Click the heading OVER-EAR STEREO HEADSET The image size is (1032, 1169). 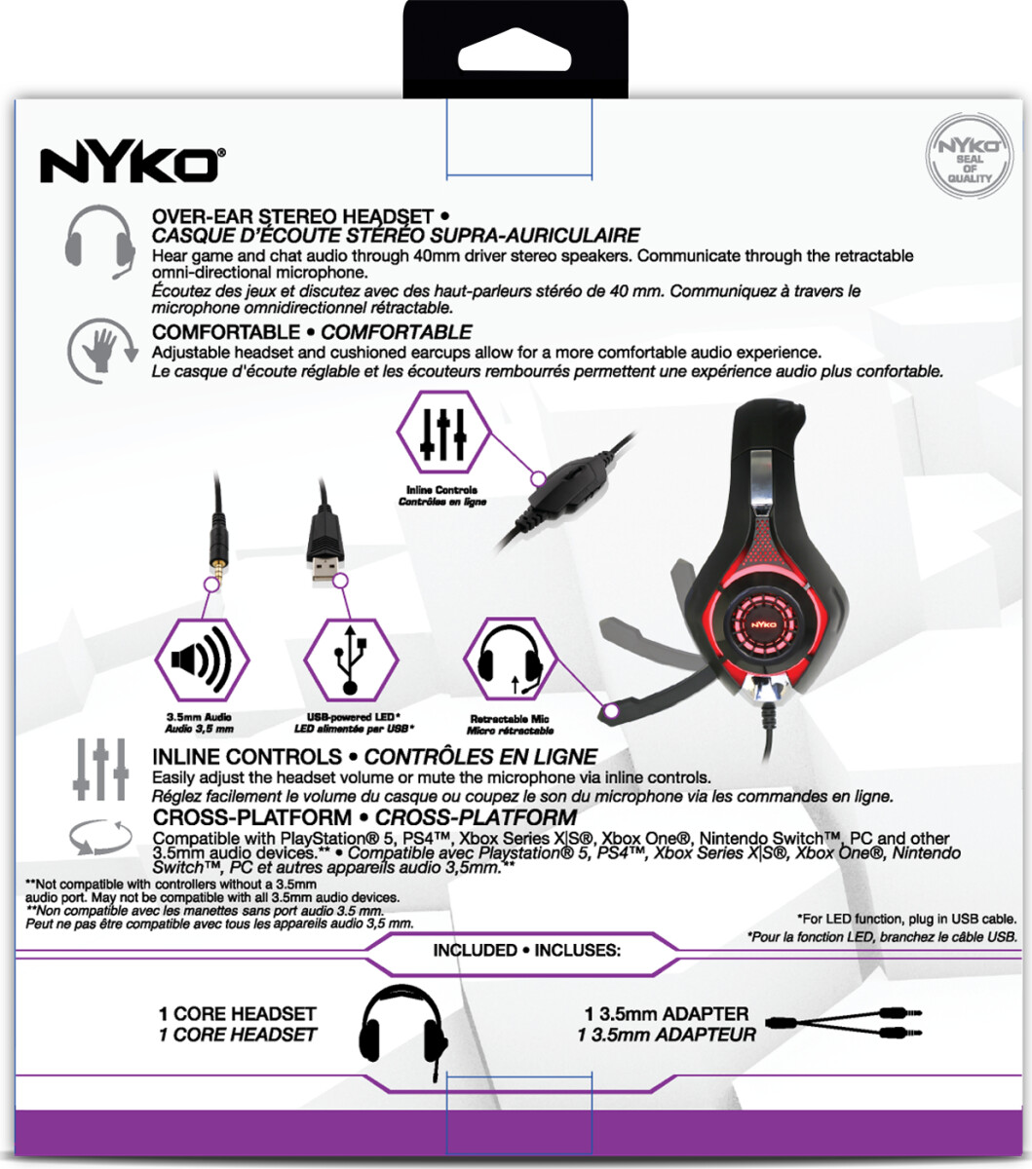click(292, 216)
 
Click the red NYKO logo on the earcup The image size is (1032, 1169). click(762, 619)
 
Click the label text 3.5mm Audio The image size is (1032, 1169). click(199, 718)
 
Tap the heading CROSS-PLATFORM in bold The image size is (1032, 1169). click(251, 817)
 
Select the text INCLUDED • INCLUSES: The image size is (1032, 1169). click(526, 950)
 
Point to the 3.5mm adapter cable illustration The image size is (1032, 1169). click(844, 1024)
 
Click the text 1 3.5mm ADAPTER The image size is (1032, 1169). click(667, 1014)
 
